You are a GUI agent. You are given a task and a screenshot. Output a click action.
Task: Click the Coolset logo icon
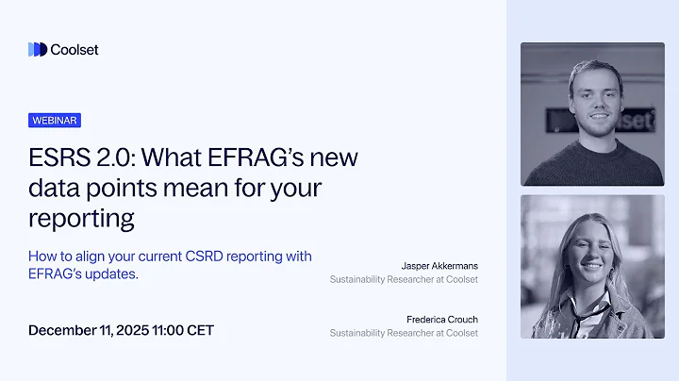(x=38, y=49)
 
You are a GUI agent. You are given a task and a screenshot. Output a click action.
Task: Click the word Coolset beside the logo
(x=75, y=49)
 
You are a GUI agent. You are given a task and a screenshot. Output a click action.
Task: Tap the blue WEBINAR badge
(x=55, y=121)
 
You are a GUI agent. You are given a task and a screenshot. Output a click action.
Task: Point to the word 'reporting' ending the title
(x=81, y=219)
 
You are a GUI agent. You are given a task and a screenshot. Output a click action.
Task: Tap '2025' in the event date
(x=135, y=330)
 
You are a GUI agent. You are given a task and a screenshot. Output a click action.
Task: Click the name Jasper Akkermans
(x=439, y=265)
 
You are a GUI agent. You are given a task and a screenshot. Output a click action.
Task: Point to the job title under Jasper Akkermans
(x=404, y=279)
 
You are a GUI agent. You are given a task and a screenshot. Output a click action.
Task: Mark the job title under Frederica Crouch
(x=404, y=333)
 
